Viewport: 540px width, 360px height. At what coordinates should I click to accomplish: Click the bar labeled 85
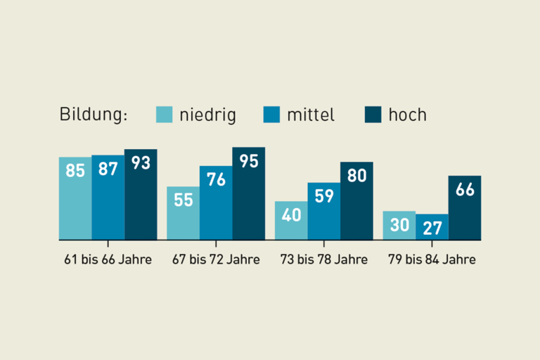point(75,198)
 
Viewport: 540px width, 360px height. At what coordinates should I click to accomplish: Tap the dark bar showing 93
point(141,194)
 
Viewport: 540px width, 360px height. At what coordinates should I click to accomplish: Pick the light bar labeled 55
point(183,213)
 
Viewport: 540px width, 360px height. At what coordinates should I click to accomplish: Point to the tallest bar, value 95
point(249,193)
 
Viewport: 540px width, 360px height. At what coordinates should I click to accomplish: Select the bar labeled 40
point(291,220)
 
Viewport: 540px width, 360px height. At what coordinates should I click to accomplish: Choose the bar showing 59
point(324,211)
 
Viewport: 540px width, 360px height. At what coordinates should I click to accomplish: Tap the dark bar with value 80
point(356,200)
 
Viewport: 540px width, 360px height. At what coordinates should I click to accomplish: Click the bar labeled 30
point(399,225)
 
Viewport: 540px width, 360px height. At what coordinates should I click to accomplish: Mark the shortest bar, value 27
point(432,226)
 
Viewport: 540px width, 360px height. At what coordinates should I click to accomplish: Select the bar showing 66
point(465,207)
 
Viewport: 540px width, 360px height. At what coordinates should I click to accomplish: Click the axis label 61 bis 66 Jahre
point(108,259)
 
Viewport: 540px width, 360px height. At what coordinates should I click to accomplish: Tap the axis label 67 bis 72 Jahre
point(216,259)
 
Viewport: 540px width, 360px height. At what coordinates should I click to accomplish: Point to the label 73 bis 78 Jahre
point(323,259)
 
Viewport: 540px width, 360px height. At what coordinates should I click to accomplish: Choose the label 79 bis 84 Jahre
point(432,259)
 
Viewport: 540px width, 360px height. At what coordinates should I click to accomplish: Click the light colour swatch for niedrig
point(165,114)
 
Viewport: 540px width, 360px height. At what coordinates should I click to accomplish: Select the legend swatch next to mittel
point(272,114)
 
